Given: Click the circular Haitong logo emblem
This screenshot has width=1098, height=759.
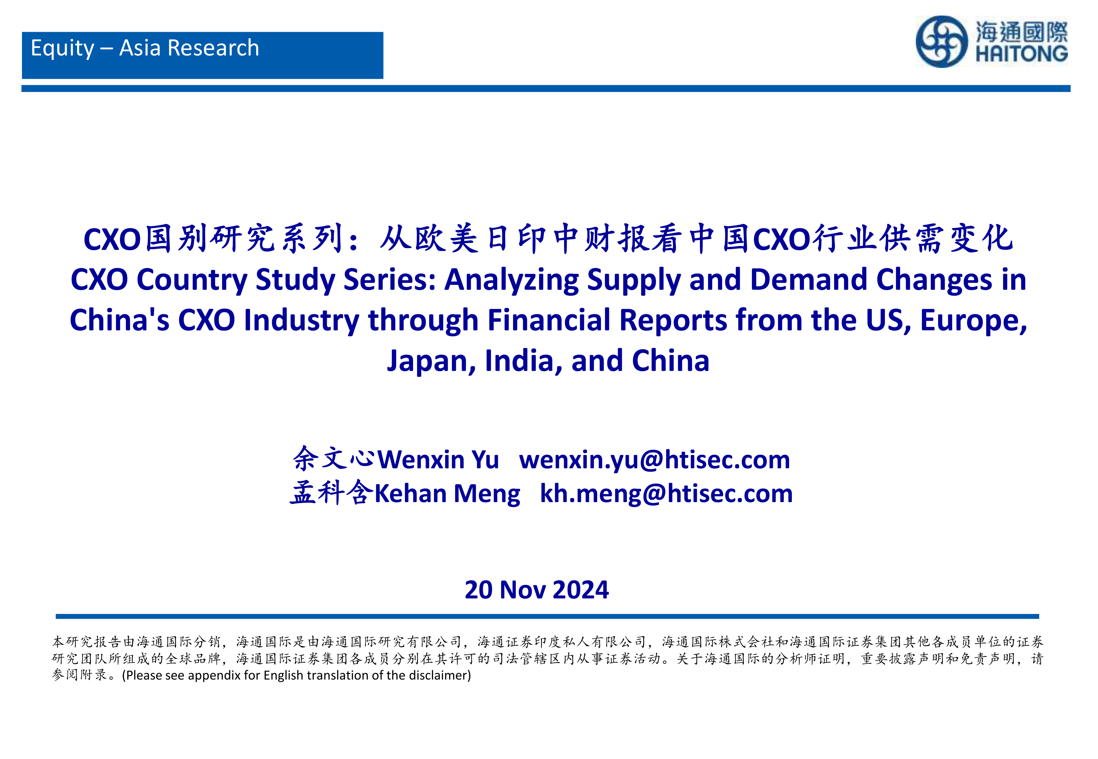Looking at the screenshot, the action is pos(941,42).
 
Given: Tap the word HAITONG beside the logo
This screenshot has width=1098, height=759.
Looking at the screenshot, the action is pos(1022,53).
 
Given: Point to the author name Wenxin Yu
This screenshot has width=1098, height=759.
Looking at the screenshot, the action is pos(438,460).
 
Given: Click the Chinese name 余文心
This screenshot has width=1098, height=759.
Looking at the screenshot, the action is pos(335,459).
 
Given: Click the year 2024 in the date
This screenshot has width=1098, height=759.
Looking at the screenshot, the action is pos(581,590).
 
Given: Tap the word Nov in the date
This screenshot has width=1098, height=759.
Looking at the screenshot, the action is pos(523,590).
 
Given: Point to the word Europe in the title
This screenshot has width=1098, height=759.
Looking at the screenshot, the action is pos(973,321).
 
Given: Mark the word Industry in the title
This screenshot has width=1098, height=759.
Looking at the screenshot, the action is pos(301,321).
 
